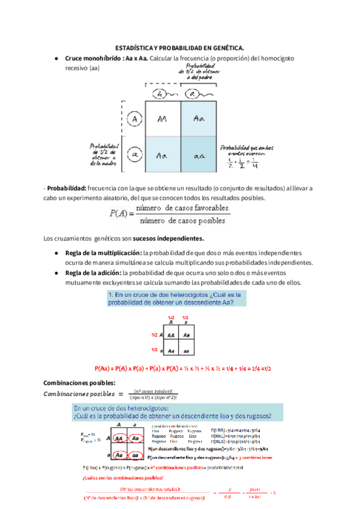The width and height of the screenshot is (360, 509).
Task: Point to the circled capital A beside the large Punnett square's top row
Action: (x=136, y=119)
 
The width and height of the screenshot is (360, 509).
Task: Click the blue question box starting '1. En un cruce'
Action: (x=181, y=299)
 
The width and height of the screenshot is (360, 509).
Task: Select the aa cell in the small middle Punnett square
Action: (x=187, y=350)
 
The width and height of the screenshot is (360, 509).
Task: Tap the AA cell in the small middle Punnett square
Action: (x=171, y=335)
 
